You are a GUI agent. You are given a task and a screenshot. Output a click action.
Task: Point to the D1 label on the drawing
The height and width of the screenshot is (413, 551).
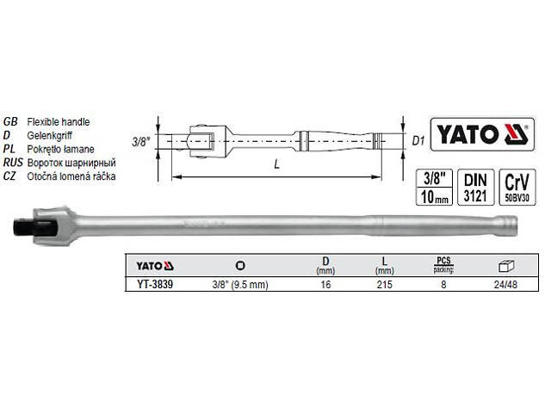tap(418, 139)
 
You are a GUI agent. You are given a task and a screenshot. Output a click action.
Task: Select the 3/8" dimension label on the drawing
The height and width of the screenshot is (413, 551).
tap(142, 139)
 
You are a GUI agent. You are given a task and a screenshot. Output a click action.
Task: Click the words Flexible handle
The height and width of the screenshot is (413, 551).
tap(59, 122)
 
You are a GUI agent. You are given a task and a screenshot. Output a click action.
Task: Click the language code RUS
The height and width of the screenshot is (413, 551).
tap(13, 163)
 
